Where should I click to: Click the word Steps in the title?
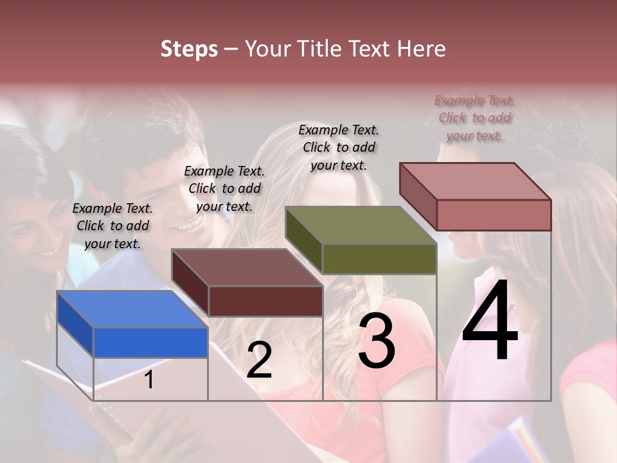(x=189, y=49)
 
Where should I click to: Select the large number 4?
(x=490, y=322)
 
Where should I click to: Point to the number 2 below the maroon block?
(x=259, y=360)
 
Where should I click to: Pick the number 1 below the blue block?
(x=149, y=380)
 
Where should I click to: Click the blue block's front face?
(x=150, y=342)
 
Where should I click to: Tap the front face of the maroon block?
(x=265, y=301)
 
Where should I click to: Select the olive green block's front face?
(x=379, y=259)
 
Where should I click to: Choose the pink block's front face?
(x=494, y=215)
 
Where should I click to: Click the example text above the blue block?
(x=112, y=226)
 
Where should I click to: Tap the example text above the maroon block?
(x=224, y=188)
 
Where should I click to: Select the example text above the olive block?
(x=339, y=147)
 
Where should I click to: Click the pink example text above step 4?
(x=474, y=118)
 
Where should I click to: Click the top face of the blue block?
(x=132, y=309)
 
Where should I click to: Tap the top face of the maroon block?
(x=247, y=268)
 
